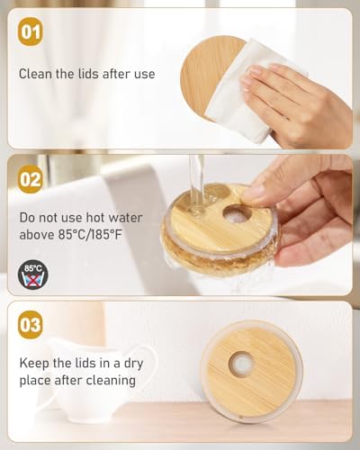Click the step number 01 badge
pos(30,31)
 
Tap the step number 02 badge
pos(30,179)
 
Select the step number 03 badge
pos(30,325)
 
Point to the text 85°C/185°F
pos(90,234)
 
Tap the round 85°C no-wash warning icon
pos(33,274)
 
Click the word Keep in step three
pos(34,364)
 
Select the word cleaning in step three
pos(111,381)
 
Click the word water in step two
pos(125,218)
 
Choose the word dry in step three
pos(133,364)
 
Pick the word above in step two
pos(37,234)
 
